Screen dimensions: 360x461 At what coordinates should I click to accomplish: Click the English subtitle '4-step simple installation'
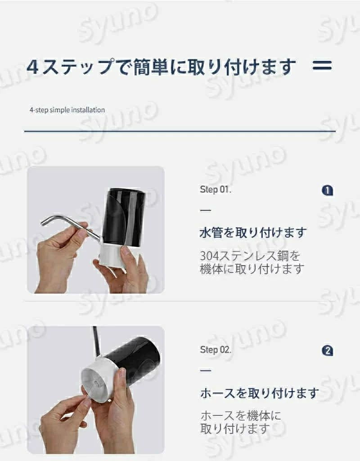coord(67,110)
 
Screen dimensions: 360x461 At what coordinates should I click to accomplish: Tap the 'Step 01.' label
coord(216,190)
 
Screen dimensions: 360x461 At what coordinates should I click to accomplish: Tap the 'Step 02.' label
coord(216,349)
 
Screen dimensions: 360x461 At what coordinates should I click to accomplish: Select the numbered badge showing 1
coord(328,190)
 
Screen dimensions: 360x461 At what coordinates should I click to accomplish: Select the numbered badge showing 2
coord(328,351)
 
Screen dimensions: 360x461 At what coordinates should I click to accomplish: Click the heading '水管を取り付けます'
coord(253,233)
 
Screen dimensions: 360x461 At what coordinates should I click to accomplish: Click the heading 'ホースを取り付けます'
coord(260,393)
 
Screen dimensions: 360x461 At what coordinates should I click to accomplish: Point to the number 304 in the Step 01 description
coord(209,256)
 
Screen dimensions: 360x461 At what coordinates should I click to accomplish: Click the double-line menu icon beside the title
coord(322,65)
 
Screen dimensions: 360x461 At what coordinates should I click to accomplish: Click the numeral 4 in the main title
coord(32,67)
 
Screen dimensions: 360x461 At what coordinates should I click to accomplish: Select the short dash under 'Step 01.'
coord(205,210)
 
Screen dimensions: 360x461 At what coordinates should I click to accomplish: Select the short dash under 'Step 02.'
coord(205,371)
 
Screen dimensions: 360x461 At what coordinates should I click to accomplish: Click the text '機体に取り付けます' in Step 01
coord(252,269)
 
